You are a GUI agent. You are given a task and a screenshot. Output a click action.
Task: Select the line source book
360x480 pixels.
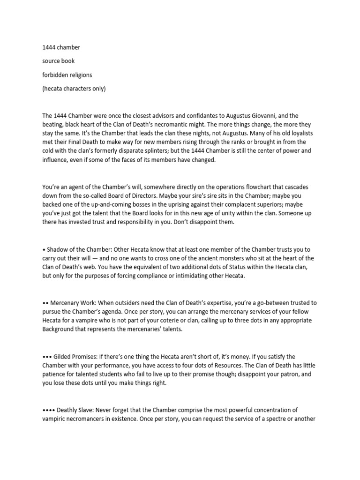(x=59, y=61)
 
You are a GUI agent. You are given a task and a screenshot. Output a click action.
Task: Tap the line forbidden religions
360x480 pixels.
(x=67, y=75)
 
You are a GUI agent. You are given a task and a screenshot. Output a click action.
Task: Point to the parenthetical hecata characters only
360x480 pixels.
(x=74, y=89)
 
